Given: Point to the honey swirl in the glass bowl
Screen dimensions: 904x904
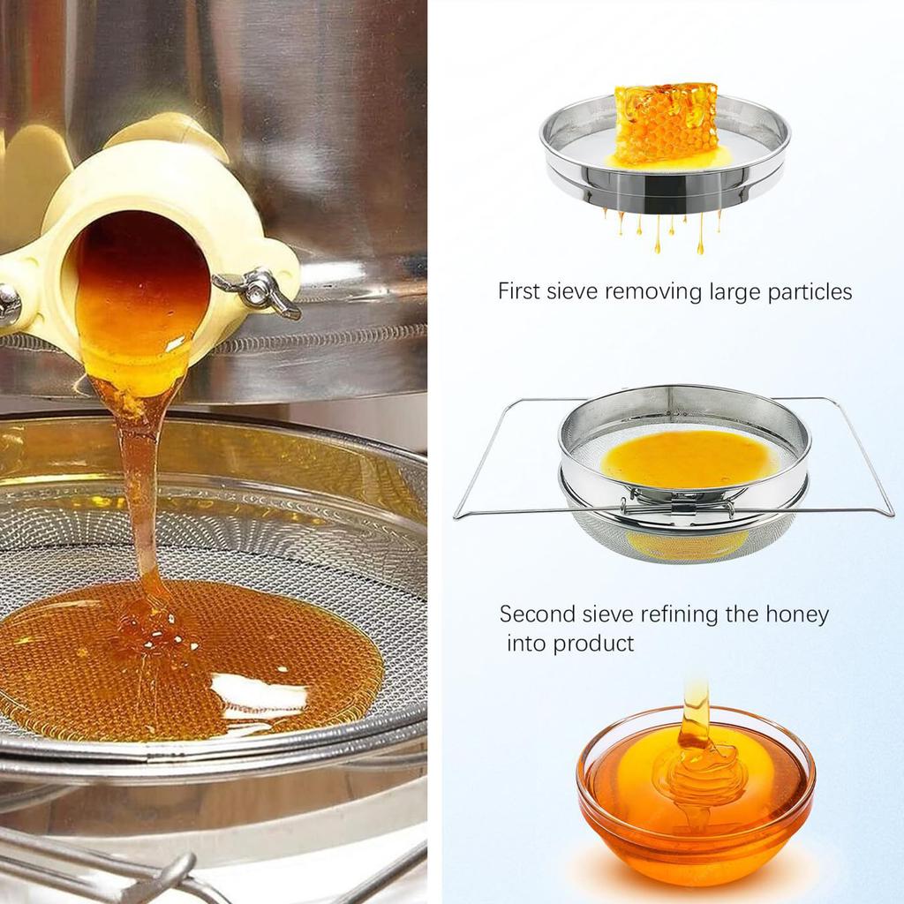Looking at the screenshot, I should (697, 768).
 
